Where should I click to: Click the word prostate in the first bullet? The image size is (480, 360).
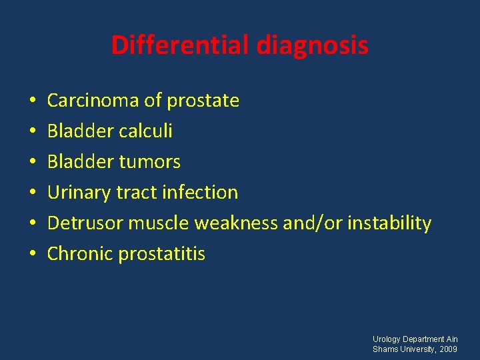[203, 101]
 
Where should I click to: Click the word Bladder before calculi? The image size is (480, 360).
[77, 131]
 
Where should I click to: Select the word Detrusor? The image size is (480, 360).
[85, 223]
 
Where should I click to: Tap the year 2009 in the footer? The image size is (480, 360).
[448, 349]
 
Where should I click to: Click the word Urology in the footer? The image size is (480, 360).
[387, 339]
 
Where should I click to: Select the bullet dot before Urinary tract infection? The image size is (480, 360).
[32, 193]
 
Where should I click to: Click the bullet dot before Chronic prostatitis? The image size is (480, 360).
[32, 255]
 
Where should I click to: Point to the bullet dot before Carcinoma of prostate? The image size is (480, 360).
[32, 101]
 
